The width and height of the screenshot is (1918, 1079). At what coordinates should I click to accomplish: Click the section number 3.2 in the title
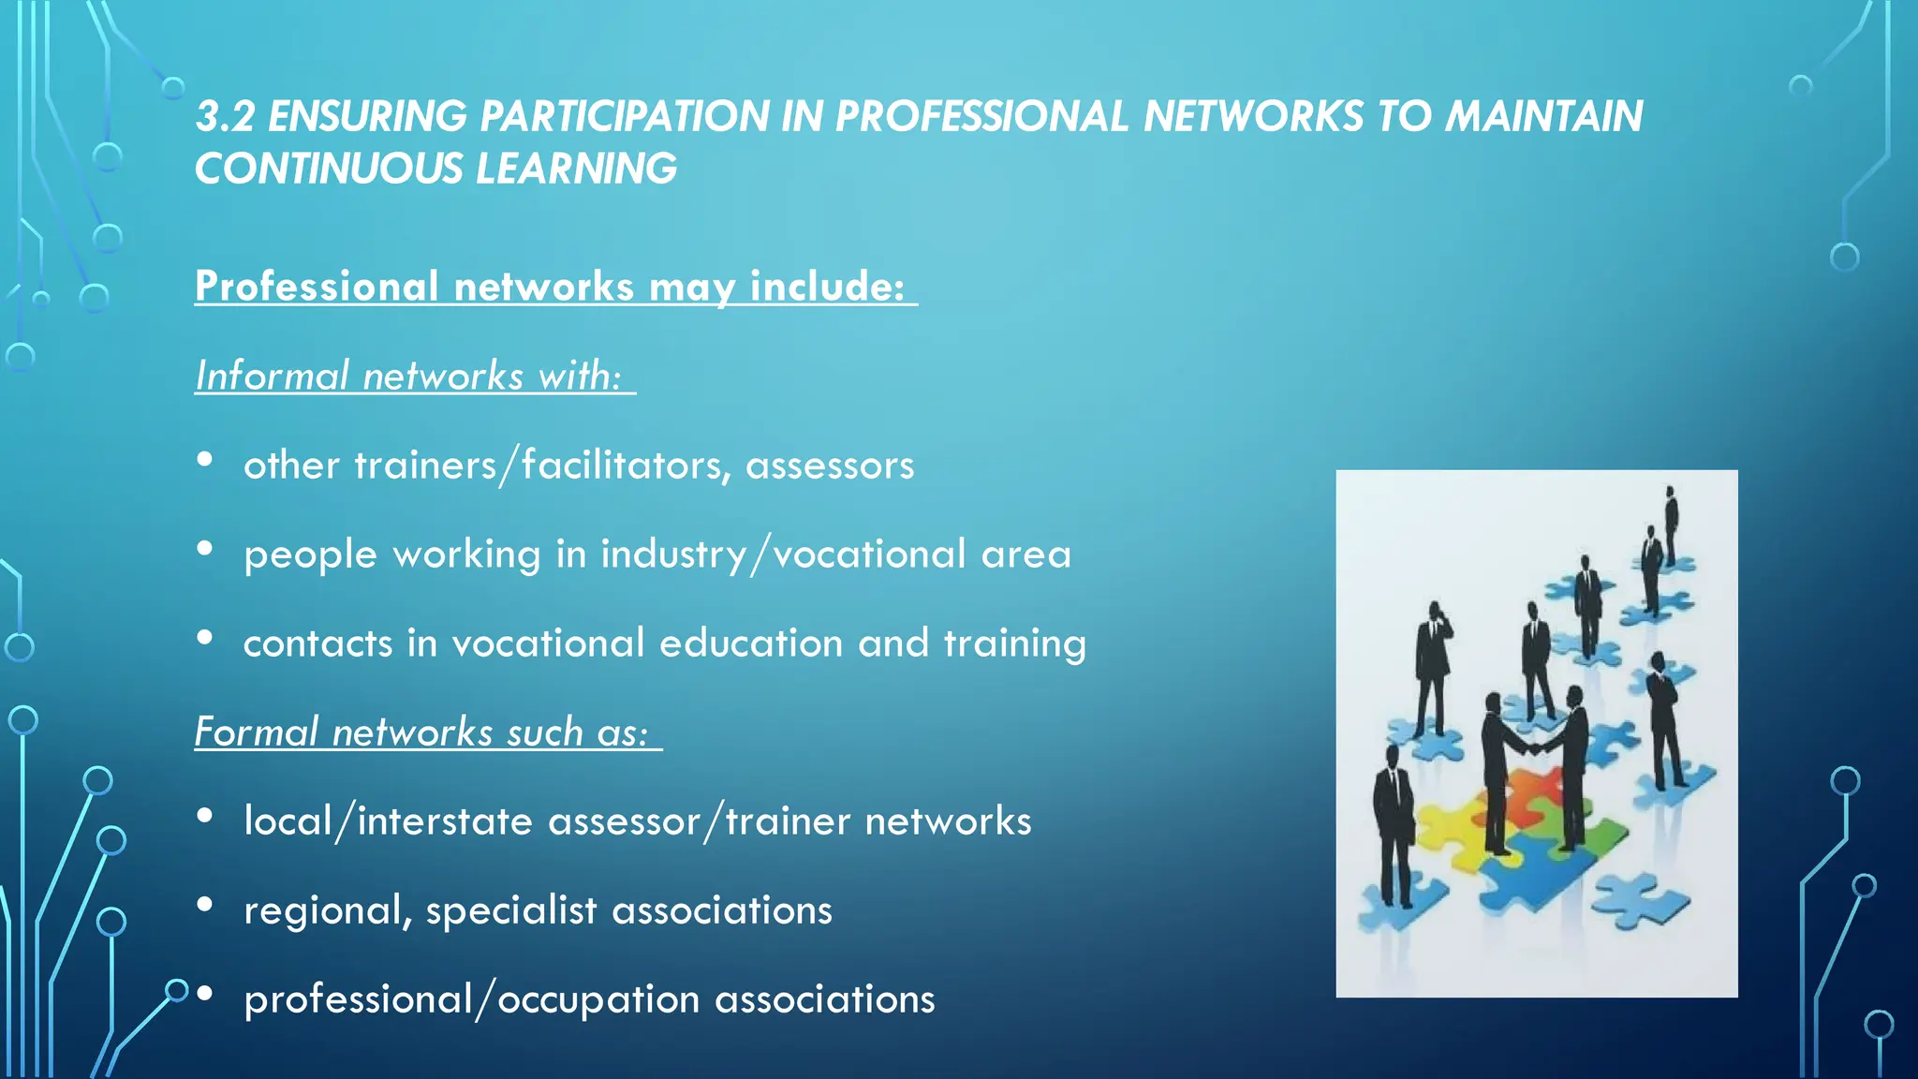point(225,117)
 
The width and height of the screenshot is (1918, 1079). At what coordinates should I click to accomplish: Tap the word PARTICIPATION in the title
point(625,117)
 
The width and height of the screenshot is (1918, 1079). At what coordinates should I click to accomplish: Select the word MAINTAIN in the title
point(1543,117)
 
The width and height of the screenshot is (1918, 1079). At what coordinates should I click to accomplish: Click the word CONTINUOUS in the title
point(329,170)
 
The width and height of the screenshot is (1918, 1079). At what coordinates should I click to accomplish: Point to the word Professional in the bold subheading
point(317,287)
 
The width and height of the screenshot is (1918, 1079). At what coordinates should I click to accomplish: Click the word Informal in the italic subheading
point(273,377)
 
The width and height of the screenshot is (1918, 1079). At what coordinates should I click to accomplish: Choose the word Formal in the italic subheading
point(256,732)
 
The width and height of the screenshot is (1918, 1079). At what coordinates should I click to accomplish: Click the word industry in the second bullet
point(673,554)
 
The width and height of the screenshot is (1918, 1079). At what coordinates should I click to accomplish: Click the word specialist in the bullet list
point(511,910)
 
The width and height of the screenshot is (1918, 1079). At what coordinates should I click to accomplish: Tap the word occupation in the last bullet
point(598,999)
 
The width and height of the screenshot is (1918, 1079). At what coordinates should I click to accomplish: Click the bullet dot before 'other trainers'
point(205,459)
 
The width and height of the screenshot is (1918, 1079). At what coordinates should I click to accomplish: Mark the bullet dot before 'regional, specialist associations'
point(205,904)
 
